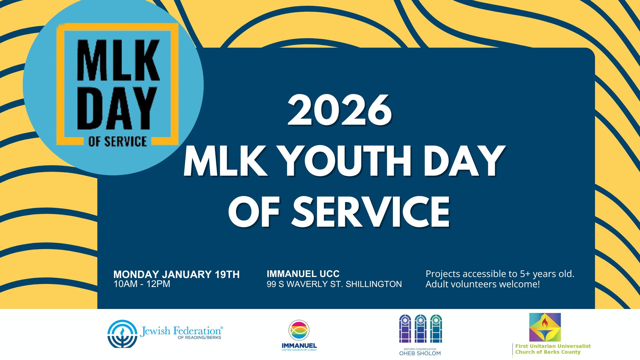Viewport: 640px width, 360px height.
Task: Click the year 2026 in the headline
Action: coord(340,110)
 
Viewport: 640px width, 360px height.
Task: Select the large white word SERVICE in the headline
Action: coord(370,211)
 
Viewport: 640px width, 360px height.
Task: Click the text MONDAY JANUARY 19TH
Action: coord(176,274)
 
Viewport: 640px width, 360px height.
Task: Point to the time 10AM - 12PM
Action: coord(142,284)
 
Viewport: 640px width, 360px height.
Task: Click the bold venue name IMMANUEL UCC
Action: coord(303,274)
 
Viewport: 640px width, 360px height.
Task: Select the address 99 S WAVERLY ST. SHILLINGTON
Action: coord(334,284)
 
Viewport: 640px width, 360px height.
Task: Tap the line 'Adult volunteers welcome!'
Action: coord(482,284)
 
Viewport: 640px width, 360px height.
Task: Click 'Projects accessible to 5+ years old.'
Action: coord(500,274)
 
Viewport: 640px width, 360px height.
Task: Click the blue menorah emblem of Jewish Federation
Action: coord(122,334)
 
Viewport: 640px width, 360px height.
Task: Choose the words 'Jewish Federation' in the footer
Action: coord(180,331)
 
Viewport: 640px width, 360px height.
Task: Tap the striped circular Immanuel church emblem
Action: coord(299,330)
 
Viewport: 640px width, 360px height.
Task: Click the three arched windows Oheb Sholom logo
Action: coord(420,329)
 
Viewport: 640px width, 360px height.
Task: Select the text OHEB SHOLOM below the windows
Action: coord(420,353)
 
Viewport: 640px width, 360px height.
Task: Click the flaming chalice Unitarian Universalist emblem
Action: coord(545,327)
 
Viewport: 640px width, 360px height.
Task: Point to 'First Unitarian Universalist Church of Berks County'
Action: coord(553,349)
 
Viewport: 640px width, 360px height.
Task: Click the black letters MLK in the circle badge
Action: coord(118,60)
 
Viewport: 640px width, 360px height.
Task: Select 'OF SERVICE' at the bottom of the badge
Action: coord(117,141)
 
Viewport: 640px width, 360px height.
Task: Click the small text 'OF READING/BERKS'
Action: coord(199,338)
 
